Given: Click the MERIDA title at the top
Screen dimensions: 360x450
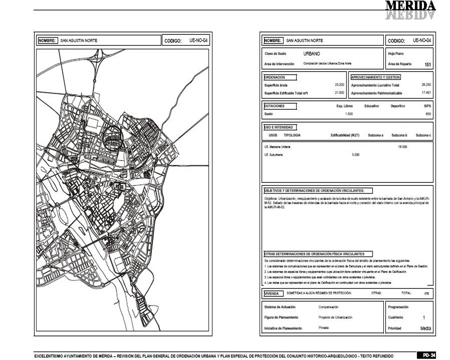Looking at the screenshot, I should (410, 6).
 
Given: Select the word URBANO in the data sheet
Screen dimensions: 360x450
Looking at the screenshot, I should (312, 54).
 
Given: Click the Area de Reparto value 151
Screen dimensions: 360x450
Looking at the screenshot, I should (427, 65).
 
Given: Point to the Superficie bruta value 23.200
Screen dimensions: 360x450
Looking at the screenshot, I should (339, 85).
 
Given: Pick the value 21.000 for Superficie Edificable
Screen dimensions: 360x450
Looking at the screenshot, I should (339, 93).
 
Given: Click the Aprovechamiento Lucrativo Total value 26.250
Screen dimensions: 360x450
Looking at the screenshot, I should (426, 85).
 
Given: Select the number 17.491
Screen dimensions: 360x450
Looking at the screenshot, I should (426, 93).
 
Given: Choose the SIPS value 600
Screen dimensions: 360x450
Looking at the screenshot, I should (428, 114).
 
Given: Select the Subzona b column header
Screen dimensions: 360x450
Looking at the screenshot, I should (399, 135).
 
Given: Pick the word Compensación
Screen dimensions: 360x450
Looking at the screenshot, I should (328, 307).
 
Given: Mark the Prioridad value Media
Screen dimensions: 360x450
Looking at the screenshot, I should (425, 328).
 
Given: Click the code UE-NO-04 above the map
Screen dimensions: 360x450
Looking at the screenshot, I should (198, 40).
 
